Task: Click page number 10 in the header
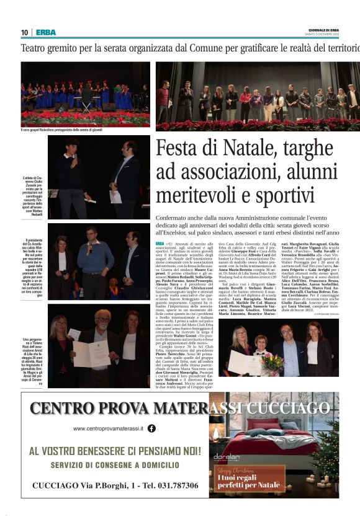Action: point(24,32)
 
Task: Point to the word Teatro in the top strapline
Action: point(38,48)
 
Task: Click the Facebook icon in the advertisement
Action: point(151,428)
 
